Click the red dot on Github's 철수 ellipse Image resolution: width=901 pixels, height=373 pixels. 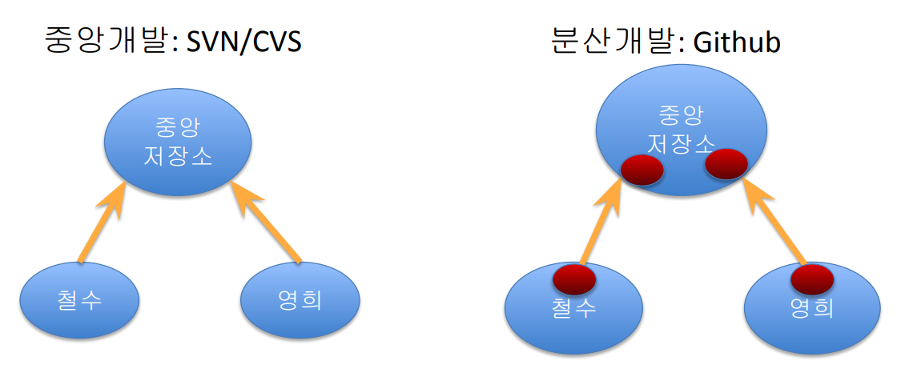tap(574, 279)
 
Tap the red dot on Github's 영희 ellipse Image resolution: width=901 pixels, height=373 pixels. tap(813, 279)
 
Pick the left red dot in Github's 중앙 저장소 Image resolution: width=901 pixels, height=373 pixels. tap(642, 170)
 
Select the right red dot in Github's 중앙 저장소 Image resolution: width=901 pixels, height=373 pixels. tap(726, 163)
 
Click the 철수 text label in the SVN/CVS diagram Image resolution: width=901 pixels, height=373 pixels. tap(79, 300)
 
